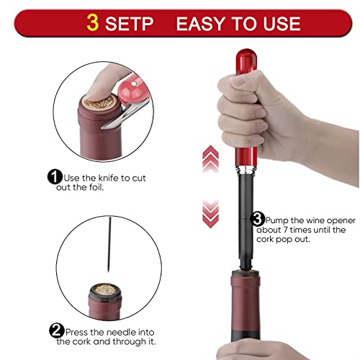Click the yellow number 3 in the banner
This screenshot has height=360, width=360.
coord(93,23)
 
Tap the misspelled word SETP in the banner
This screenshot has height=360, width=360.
coord(129,24)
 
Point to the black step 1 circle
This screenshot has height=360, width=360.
coord(55,177)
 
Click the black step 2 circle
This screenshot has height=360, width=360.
coord(57,330)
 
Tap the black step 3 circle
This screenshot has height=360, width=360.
coord(258,219)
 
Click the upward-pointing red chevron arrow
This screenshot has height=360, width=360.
coord(210,159)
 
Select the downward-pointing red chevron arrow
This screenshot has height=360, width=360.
coord(210,213)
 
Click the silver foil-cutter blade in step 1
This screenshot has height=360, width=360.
coord(125,115)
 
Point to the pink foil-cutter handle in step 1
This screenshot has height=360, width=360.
coord(133,89)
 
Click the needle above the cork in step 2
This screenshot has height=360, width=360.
coord(109,244)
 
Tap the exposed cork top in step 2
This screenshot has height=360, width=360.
coord(105,291)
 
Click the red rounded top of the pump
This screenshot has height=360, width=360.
coord(246,62)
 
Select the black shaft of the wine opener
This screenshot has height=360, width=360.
coord(246,221)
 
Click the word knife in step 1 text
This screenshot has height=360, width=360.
coord(109,178)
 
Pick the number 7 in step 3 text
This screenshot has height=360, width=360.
coord(285,230)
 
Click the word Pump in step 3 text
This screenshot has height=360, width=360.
coord(276,221)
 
